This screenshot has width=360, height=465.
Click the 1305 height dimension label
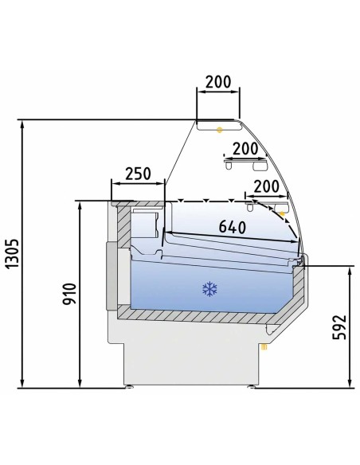tap(13, 253)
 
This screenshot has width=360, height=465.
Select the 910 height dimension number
tap(69, 294)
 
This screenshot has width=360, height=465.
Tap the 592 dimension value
tap(339, 327)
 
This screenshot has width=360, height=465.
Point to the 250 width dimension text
tap(138, 174)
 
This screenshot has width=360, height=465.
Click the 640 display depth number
tap(233, 227)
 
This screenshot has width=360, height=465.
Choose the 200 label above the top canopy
tap(218, 82)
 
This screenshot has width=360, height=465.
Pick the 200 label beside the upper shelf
tap(245, 149)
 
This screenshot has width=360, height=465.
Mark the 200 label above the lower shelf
tap(267, 186)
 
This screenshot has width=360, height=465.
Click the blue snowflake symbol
tap(209, 289)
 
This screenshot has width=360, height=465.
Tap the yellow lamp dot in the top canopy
tap(220, 130)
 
